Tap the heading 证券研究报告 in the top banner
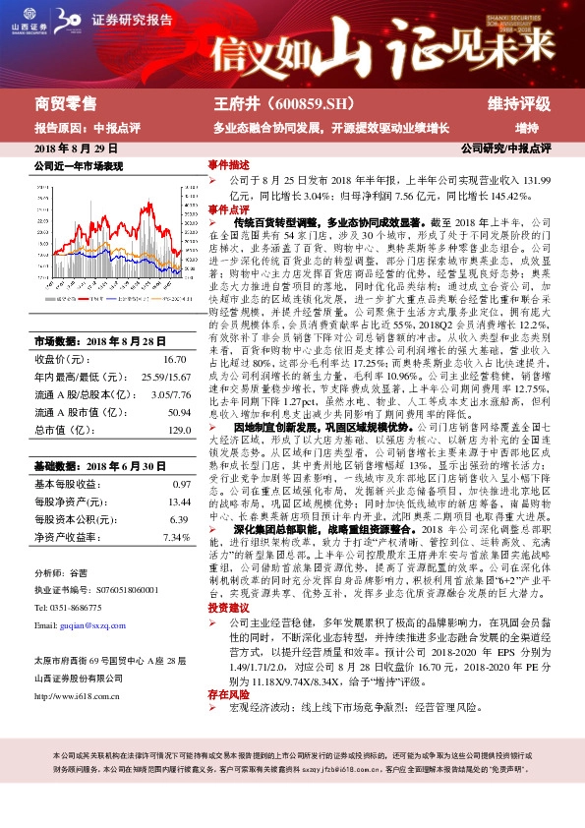[133, 20]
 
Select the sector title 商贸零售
[66, 103]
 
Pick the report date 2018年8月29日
[69, 148]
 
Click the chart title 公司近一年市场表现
[79, 166]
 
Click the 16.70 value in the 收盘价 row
[175, 361]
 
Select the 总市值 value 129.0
[176, 431]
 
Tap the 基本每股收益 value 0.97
[181, 485]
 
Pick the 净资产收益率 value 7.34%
[176, 537]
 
